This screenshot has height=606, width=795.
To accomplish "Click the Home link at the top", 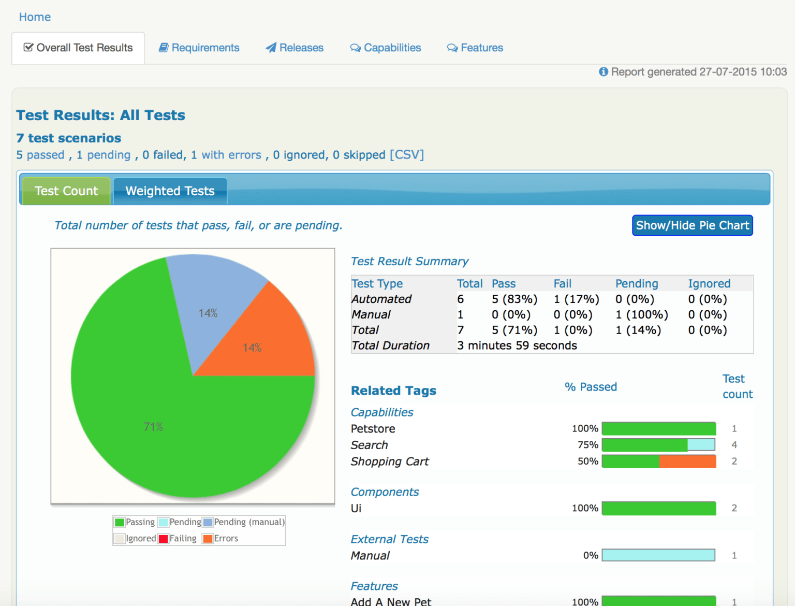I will point(35,17).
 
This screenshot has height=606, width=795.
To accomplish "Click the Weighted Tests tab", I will point(170,191).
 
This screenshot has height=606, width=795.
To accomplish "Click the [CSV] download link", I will point(407,155).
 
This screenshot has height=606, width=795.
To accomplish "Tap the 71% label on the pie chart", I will point(153,427).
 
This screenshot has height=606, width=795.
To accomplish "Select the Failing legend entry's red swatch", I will point(164,539).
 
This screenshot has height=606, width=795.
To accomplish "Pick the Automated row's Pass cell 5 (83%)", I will point(514,299).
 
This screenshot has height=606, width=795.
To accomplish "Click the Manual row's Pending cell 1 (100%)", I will point(641,315).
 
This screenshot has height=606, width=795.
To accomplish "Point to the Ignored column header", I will point(709,284).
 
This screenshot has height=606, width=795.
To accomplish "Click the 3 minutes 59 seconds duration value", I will point(517,345).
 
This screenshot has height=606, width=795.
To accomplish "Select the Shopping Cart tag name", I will point(390,461).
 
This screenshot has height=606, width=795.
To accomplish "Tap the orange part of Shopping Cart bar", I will point(687,461).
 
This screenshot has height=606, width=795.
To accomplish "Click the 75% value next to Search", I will point(587,445).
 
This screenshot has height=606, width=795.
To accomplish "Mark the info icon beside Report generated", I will point(603,71).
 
